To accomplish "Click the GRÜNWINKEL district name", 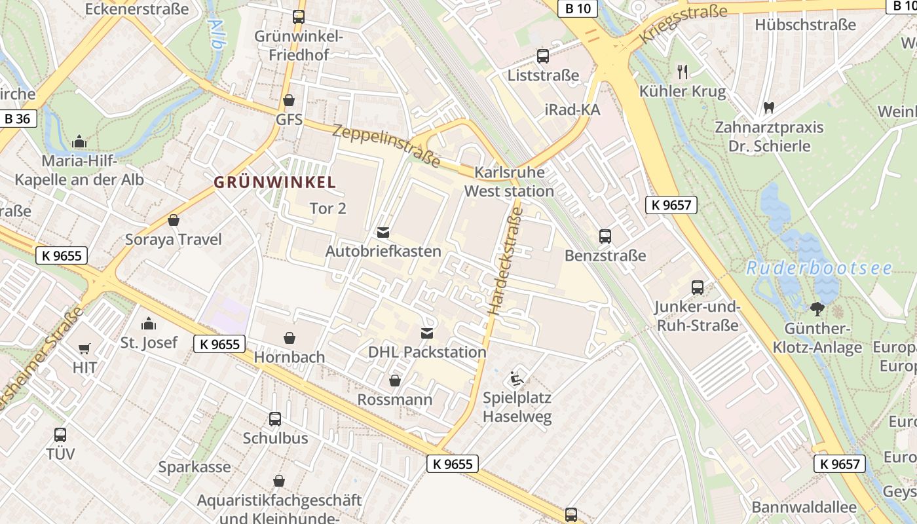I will point(274,183).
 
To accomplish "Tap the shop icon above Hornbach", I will point(289,338).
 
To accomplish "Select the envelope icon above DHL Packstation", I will point(427,333).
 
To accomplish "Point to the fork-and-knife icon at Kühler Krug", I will point(683,71).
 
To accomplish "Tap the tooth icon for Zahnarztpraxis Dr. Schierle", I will point(769,107).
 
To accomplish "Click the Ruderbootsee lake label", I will point(819,269).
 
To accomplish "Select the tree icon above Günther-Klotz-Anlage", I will point(816,309).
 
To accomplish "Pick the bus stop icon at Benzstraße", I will point(605,236).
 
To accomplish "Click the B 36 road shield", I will point(18,119).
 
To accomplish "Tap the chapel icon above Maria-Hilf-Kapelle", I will point(79,141).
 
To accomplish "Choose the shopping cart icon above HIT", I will point(84,348).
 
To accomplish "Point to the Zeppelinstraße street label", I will point(386,145).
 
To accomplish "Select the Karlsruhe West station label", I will point(509,182).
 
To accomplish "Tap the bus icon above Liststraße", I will point(542,56).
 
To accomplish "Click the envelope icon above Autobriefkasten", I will point(383,233).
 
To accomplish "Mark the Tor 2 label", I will point(327,209).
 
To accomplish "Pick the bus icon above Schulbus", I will point(275,419).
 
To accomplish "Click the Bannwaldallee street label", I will point(804,507).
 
